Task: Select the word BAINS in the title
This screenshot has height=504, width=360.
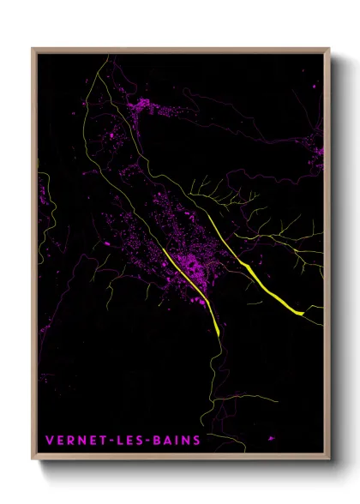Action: (177, 441)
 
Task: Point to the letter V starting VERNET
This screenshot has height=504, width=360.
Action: (50, 441)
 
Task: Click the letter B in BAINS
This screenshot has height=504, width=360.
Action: (158, 441)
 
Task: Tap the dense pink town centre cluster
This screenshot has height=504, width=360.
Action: (194, 261)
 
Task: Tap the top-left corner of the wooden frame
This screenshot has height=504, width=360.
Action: (33, 49)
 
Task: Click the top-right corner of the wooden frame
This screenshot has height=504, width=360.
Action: (329, 49)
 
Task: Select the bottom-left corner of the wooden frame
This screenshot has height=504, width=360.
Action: (33, 460)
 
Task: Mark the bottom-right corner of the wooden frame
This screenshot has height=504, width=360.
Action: (329, 460)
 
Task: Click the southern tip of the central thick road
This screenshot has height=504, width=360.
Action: (219, 334)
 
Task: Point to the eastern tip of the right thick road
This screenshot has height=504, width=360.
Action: (303, 314)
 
